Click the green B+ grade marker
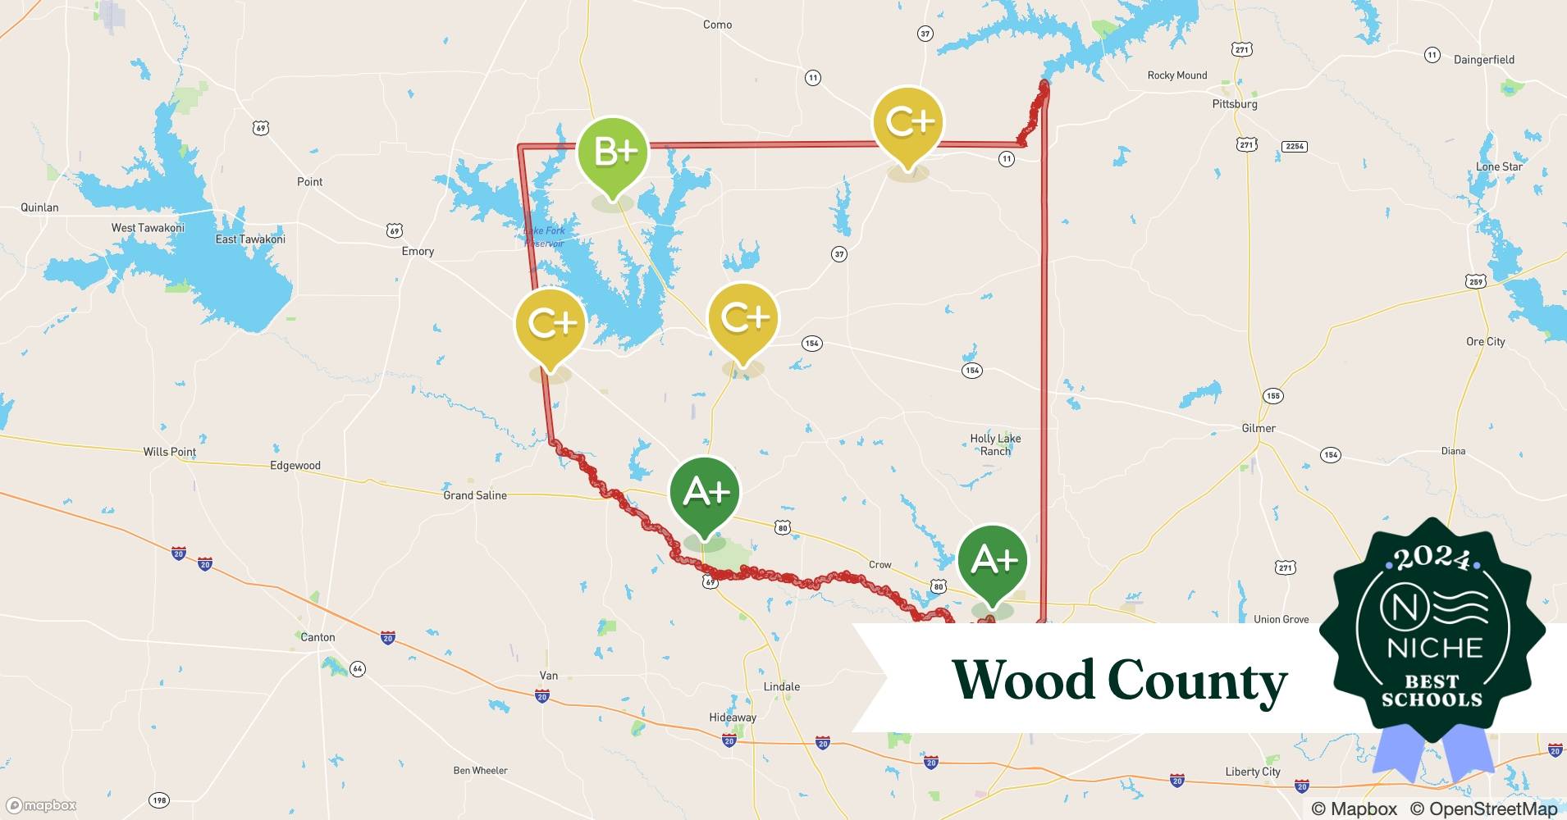[613, 153]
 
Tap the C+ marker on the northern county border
[908, 124]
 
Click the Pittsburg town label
[1234, 104]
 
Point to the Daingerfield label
[1483, 60]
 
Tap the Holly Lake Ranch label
[995, 444]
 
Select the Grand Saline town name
[474, 495]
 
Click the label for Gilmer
[1259, 428]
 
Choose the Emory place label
[418, 251]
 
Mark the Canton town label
[318, 637]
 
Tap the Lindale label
[781, 686]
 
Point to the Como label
[717, 25]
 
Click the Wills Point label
[170, 452]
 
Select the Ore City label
[1485, 341]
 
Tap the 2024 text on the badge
[1432, 559]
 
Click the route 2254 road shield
[1294, 146]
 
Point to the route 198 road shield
[159, 800]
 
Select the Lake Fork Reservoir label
[546, 237]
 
